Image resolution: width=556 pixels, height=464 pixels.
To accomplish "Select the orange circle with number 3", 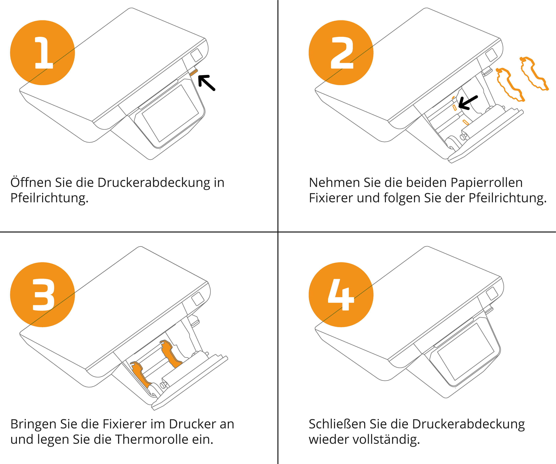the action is (x=42, y=295).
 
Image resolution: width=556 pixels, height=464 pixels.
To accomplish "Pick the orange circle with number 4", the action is (x=341, y=295).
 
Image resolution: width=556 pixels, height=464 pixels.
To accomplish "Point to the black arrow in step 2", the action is (x=468, y=103).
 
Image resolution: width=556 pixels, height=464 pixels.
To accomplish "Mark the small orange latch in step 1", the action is (x=194, y=72).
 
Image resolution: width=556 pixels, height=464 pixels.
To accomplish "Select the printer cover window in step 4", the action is (x=466, y=352).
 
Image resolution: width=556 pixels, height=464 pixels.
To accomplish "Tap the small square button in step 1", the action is (x=196, y=55).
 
